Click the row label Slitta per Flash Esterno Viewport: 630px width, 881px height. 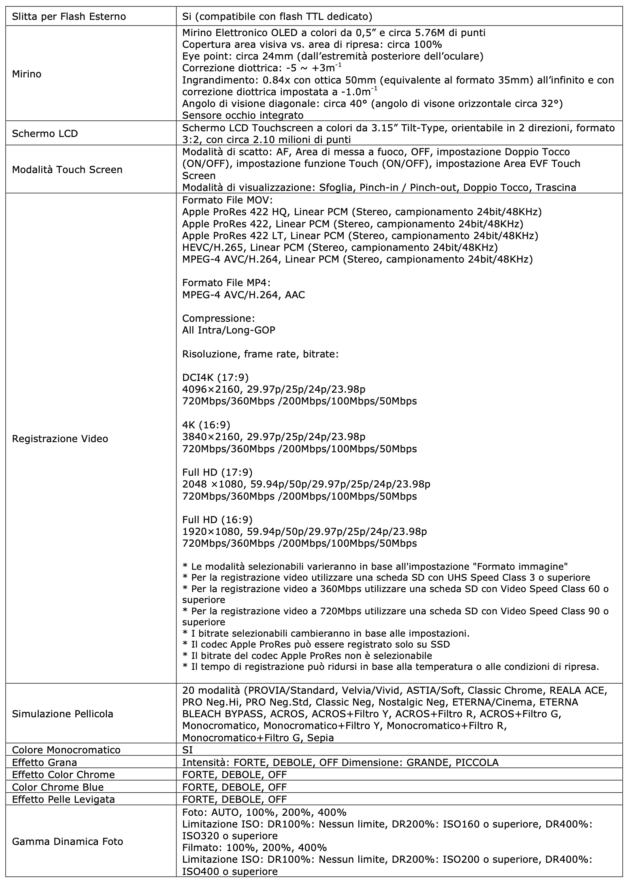69,17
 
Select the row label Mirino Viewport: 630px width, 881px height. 27,74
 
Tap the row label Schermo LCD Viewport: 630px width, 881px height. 45,134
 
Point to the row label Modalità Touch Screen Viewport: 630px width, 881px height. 67,169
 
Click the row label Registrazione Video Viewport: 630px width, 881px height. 60,438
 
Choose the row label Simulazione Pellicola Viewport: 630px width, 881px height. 63,714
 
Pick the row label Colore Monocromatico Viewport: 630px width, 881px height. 66,750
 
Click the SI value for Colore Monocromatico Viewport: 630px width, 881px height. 187,750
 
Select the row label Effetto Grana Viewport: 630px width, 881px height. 45,762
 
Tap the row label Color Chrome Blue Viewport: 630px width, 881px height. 58,787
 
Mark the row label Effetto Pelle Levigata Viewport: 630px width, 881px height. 64,799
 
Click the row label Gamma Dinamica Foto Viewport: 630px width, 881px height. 68,841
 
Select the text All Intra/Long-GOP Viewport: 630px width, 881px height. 229,330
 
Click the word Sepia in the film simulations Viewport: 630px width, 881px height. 321,738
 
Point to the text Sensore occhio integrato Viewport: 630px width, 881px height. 243,115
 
